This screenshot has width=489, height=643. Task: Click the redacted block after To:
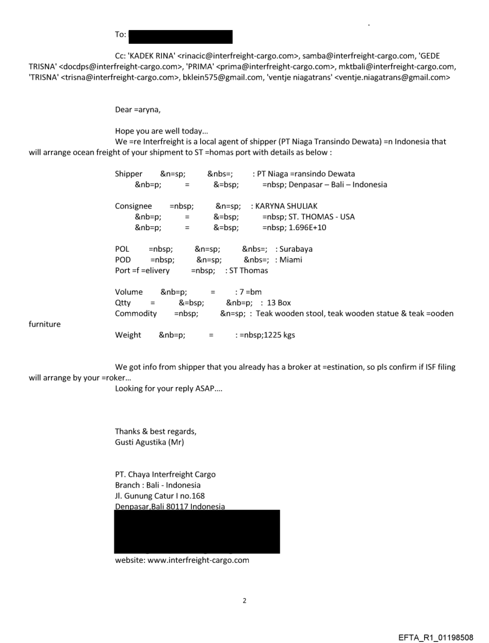click(x=180, y=35)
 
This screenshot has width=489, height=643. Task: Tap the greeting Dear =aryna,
click(x=140, y=110)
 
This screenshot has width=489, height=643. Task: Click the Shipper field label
click(x=128, y=174)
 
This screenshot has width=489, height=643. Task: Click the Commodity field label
click(x=135, y=313)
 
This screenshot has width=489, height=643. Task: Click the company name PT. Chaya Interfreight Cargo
click(x=165, y=475)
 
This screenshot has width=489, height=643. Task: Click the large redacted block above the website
click(x=197, y=532)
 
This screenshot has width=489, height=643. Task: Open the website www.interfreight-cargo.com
click(x=182, y=560)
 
